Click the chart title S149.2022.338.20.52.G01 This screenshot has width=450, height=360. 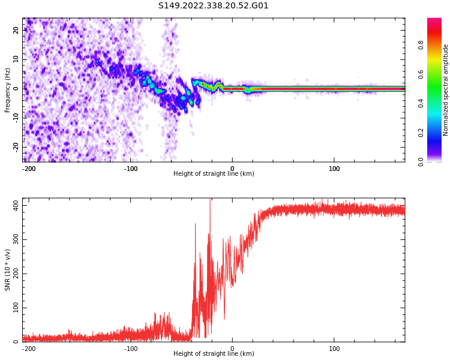pyautogui.click(x=214, y=6)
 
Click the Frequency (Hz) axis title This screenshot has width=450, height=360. pyautogui.click(x=8, y=90)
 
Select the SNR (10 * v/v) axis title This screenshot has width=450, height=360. pyautogui.click(x=8, y=270)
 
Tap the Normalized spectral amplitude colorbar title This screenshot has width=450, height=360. pyautogui.click(x=446, y=90)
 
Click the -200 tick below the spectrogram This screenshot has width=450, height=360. pyautogui.click(x=29, y=169)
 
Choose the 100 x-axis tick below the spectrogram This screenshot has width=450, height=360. pyautogui.click(x=334, y=169)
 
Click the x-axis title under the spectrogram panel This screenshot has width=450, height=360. pyautogui.click(x=214, y=174)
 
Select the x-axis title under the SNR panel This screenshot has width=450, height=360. pyautogui.click(x=214, y=354)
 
